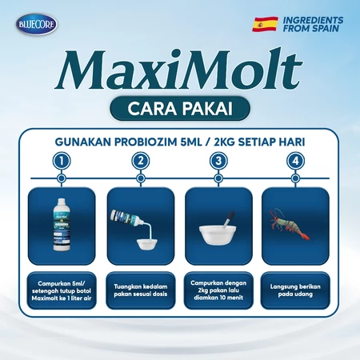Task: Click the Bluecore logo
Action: [x=37, y=24]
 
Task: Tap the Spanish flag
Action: [x=265, y=24]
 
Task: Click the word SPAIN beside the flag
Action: [x=324, y=28]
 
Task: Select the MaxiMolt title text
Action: [x=179, y=69]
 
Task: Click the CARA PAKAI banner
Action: [x=180, y=108]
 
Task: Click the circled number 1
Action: [x=62, y=161]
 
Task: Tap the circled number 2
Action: [x=141, y=161]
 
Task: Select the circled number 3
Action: [x=218, y=161]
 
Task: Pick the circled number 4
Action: [x=295, y=161]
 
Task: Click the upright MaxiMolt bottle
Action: [x=62, y=225]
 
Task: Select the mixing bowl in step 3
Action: [x=218, y=234]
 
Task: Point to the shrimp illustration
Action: [x=290, y=225]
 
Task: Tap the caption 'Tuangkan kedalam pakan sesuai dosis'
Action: [x=141, y=290]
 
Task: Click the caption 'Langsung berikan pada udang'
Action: [x=295, y=290]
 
